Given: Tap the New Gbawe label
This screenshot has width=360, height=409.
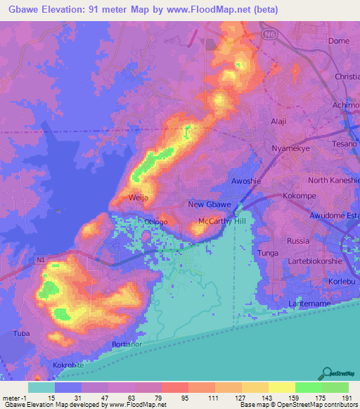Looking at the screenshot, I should coord(210,204).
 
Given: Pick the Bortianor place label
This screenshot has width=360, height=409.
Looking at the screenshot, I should coord(127,344).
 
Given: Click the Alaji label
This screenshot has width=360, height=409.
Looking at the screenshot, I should coord(278,121).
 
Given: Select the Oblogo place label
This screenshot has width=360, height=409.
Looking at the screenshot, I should coord(156,222).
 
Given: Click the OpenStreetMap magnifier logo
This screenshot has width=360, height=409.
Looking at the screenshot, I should coord(328,372).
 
